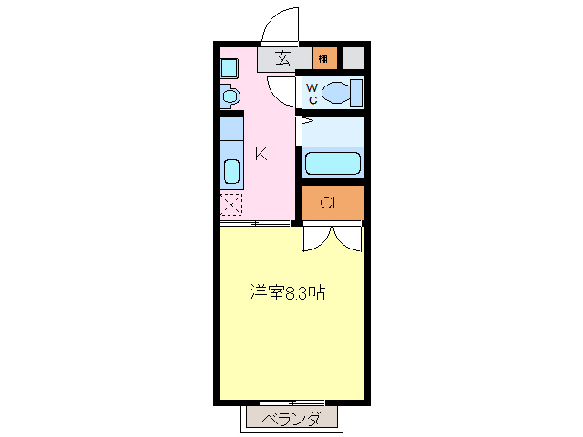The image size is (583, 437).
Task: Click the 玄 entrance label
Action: tap(282, 59)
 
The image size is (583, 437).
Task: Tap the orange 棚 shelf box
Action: tap(323, 59)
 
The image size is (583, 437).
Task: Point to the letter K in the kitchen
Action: tap(260, 154)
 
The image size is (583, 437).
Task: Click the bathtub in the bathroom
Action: tap(332, 163)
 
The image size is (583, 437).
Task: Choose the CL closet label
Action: tap(331, 203)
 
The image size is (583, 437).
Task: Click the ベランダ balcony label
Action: tap(292, 419)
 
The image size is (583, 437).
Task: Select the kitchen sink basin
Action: tap(231, 170)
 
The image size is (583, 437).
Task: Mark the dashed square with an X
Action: tap(231, 204)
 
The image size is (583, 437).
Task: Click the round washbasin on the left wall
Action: tap(229, 95)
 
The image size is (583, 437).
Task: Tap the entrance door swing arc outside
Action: tap(283, 23)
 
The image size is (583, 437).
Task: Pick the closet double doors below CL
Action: tap(332, 237)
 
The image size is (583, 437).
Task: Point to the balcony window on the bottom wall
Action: tap(291, 401)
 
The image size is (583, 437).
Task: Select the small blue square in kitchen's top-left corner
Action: tap(230, 67)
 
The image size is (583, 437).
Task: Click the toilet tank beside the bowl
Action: tap(356, 93)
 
